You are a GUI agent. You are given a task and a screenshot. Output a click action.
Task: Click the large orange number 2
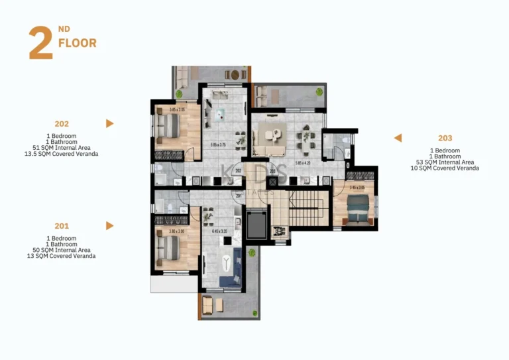40,44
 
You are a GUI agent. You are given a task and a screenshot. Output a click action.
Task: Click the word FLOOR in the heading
78,44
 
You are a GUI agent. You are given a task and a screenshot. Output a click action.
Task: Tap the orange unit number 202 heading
62,123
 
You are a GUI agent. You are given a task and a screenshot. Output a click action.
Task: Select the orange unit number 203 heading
445,138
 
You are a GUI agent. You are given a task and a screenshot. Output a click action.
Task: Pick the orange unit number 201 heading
62,225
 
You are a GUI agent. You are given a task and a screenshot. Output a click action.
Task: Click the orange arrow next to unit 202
110,123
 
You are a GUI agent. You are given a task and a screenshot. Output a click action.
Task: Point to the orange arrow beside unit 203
398,138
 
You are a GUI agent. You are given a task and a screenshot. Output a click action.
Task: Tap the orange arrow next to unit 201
110,225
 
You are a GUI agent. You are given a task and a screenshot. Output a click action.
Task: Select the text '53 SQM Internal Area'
445,162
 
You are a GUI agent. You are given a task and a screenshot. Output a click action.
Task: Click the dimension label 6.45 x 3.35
219,231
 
